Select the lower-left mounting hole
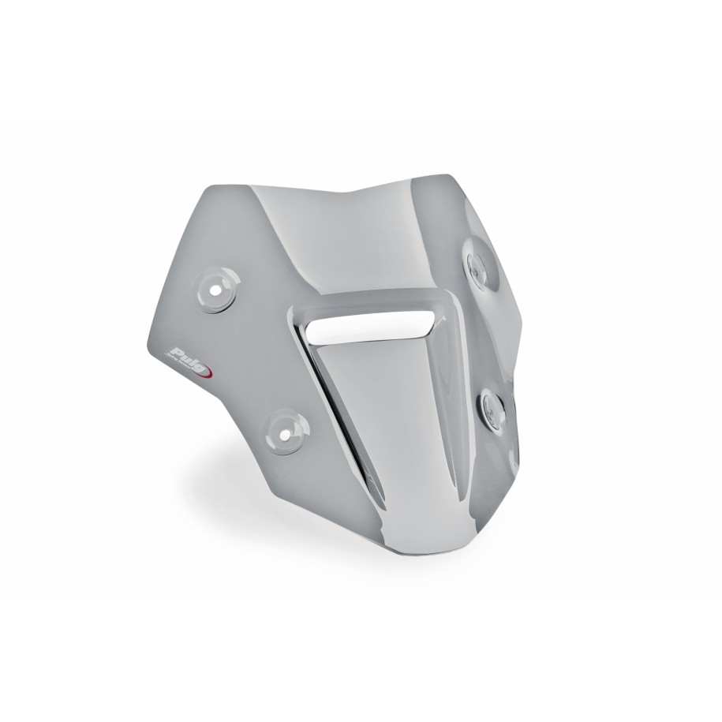(x=283, y=431)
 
